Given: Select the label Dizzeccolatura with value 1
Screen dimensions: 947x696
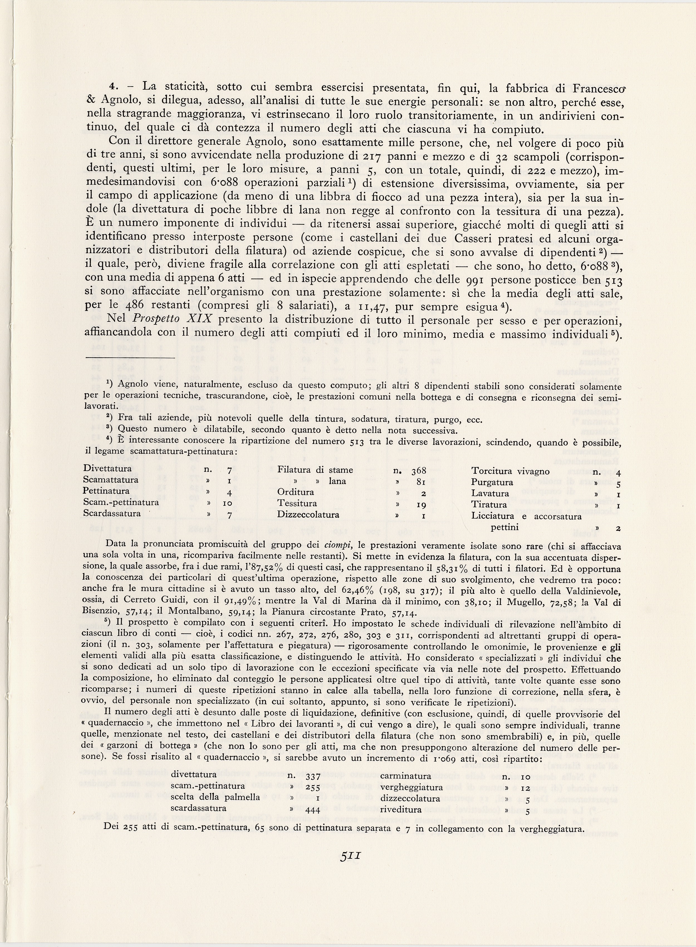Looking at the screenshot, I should pos(308,515).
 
